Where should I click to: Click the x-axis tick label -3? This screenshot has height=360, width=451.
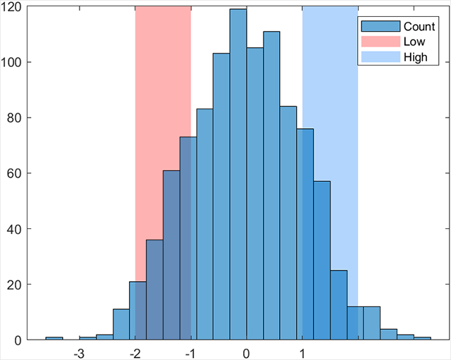[79, 352]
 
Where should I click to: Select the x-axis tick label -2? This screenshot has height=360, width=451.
[135, 352]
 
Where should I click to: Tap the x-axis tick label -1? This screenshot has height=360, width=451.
[190, 352]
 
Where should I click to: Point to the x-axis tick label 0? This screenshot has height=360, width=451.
[246, 352]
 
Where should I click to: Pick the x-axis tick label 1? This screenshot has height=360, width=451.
[302, 352]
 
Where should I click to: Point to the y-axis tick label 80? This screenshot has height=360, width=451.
[15, 118]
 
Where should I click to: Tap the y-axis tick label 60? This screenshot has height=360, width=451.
[15, 173]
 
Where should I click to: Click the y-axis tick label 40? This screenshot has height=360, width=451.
[15, 229]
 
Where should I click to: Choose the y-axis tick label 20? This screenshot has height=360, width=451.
[15, 285]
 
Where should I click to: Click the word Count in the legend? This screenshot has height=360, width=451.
[419, 26]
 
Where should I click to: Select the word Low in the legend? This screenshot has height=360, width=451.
[414, 42]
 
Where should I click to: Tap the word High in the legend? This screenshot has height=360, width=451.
[415, 57]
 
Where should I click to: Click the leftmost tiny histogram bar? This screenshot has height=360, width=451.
[54, 339]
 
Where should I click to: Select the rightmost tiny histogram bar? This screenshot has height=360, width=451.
[422, 339]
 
